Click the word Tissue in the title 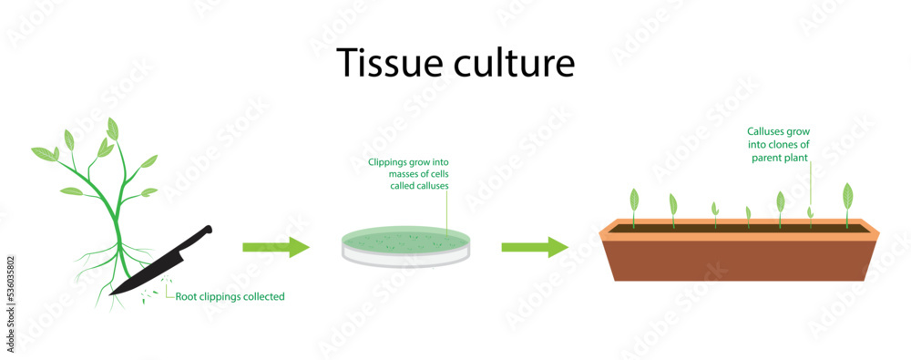pos(384,62)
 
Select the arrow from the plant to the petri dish pos(276,246)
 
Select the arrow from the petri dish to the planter pos(535,246)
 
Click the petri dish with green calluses pos(407,245)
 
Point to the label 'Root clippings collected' pos(230,296)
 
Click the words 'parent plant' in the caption pos(780,157)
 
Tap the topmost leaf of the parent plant pos(112,128)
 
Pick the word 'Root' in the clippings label pos(187,296)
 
